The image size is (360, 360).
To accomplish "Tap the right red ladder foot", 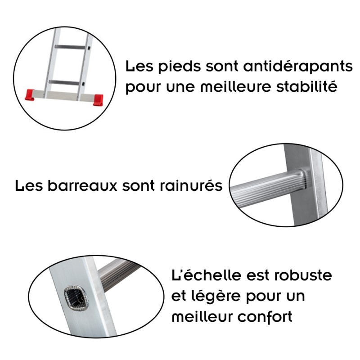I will click(98, 99).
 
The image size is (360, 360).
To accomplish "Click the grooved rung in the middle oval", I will click(265, 187).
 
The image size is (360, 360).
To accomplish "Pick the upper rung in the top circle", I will click(70, 47).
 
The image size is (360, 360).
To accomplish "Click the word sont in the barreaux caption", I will click(142, 185).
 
